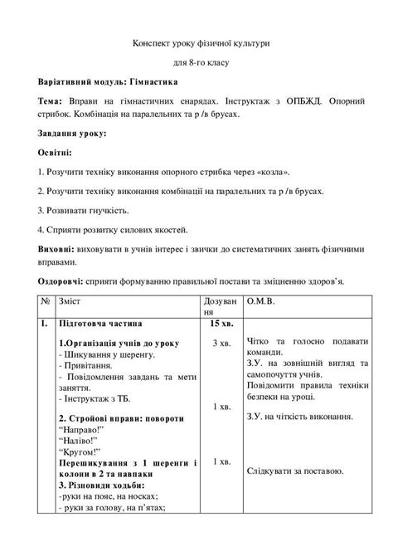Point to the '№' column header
(46, 300)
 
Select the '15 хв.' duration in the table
(221, 322)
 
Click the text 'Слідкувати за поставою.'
(295, 471)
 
